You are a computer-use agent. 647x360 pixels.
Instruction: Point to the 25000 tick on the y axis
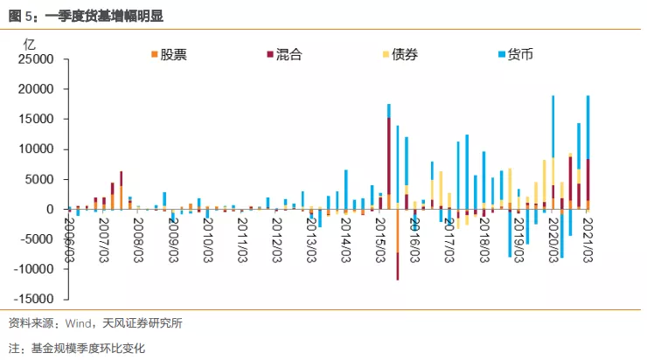36,59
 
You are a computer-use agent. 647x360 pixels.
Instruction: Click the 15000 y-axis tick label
36,120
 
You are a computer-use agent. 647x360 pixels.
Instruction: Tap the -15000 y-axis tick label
33,299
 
